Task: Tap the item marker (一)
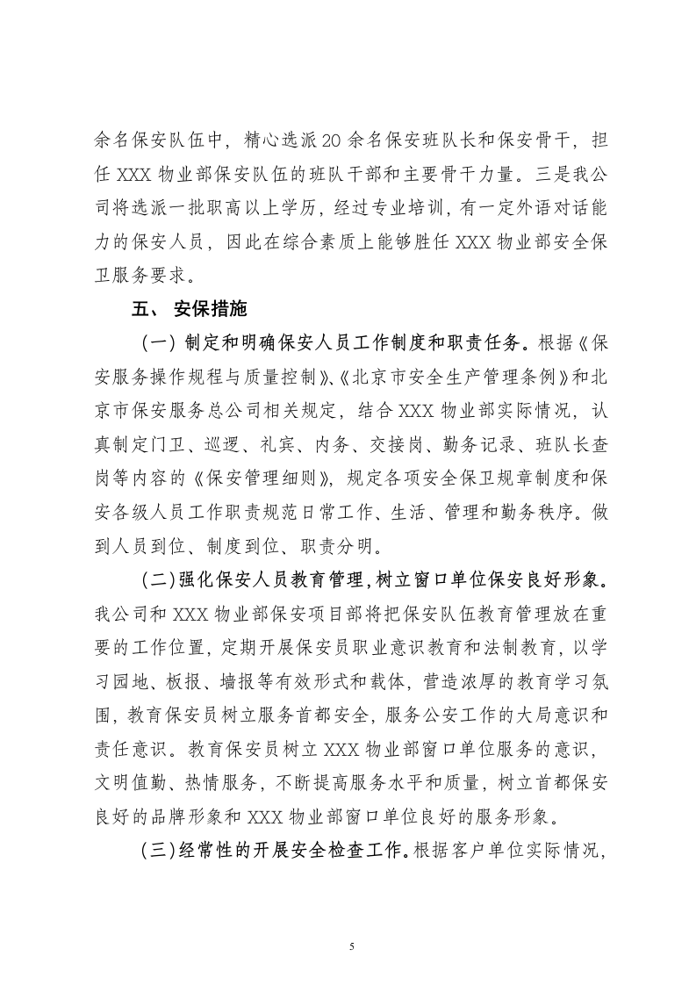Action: tap(157, 342)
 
